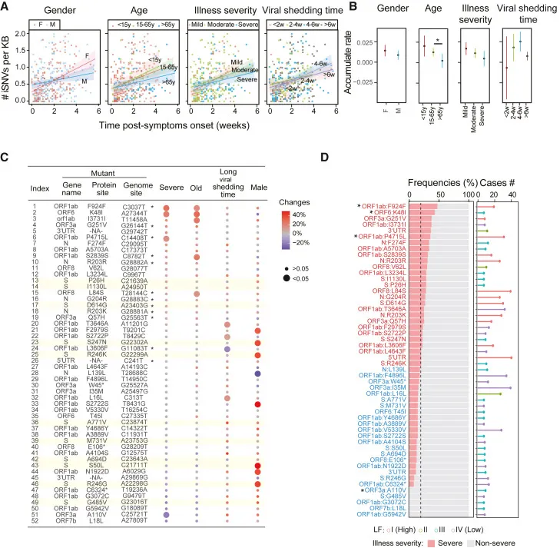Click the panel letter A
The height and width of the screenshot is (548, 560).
(x=7, y=7)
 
